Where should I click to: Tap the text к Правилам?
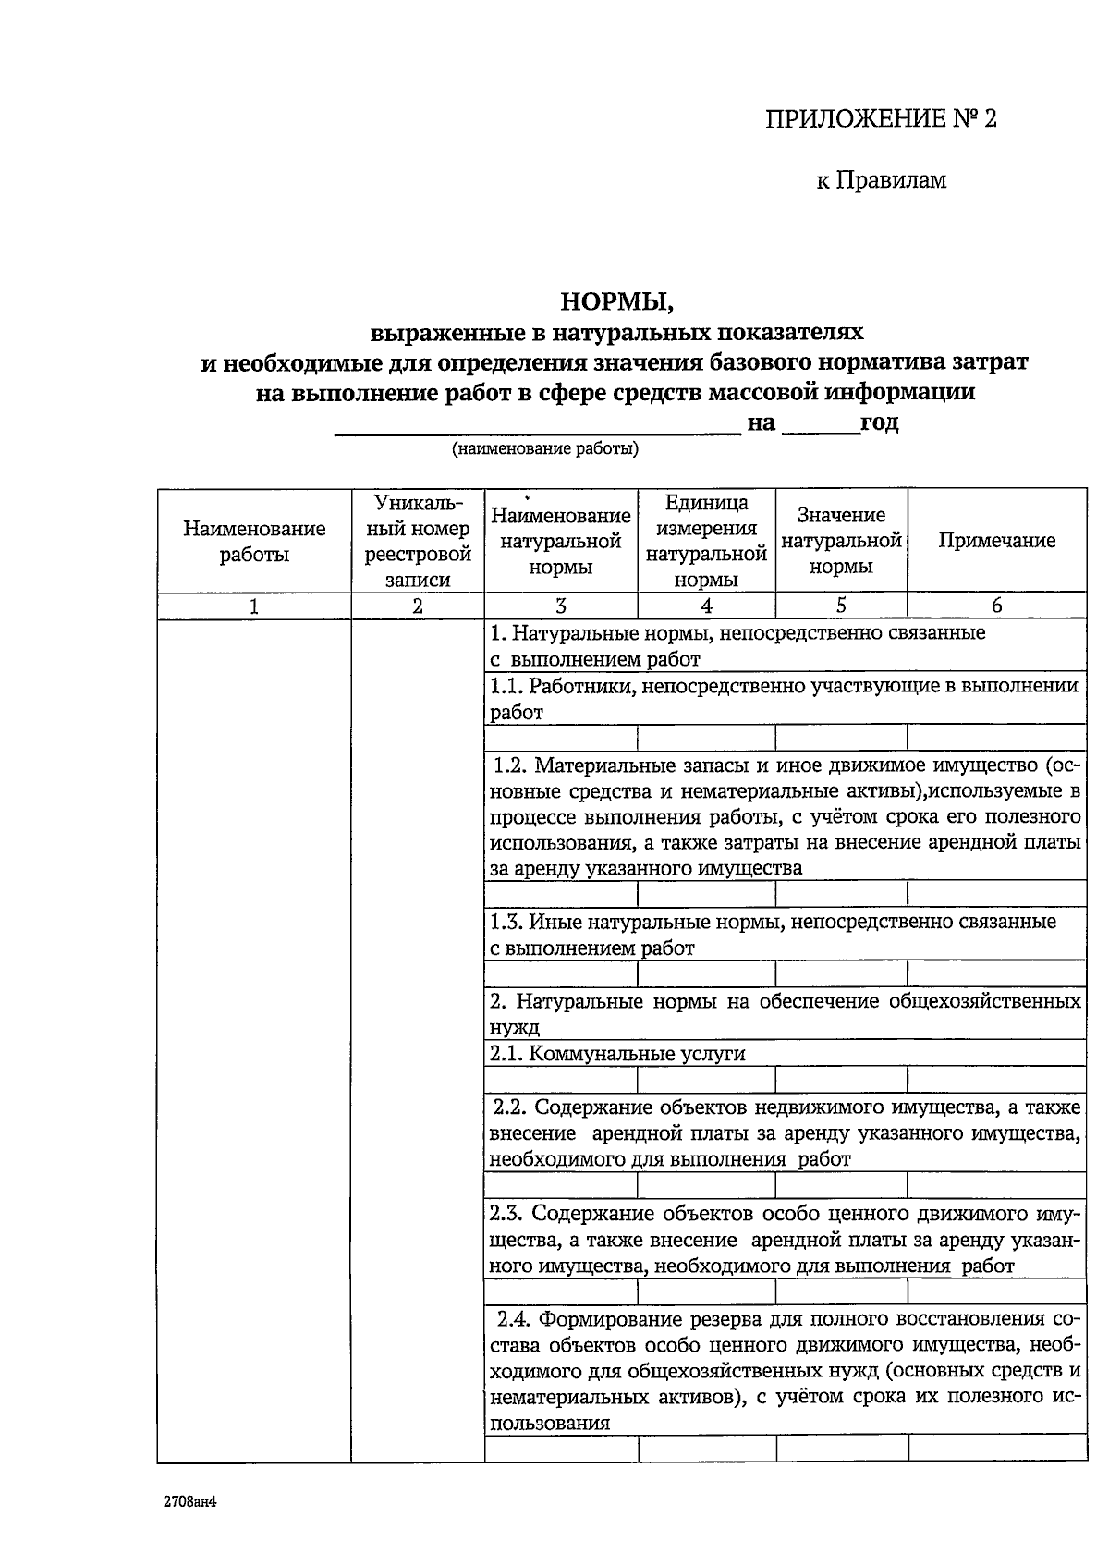[881, 180]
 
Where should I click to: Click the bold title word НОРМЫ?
[614, 301]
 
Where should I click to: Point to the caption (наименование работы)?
[544, 450]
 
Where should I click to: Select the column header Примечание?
[996, 541]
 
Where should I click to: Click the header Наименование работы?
[254, 541]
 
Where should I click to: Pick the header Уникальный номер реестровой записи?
[418, 541]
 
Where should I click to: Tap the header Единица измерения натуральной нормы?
[706, 541]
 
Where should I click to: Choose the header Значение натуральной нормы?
[841, 541]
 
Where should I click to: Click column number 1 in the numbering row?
[254, 606]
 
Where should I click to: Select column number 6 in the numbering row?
[996, 606]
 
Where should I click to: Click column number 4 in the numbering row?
[706, 606]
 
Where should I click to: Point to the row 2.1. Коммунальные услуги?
[617, 1054]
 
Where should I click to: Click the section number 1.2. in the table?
[510, 765]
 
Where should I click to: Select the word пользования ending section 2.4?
[549, 1424]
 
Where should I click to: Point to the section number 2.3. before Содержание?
[508, 1213]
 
